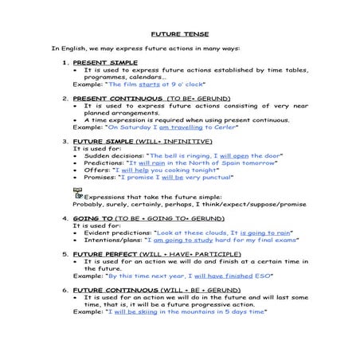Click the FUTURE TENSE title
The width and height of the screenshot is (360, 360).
click(x=180, y=34)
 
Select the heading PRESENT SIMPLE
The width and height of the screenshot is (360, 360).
click(x=105, y=62)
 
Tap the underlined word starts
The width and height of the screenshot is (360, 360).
click(x=149, y=83)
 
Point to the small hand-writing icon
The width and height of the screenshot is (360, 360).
click(x=78, y=192)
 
